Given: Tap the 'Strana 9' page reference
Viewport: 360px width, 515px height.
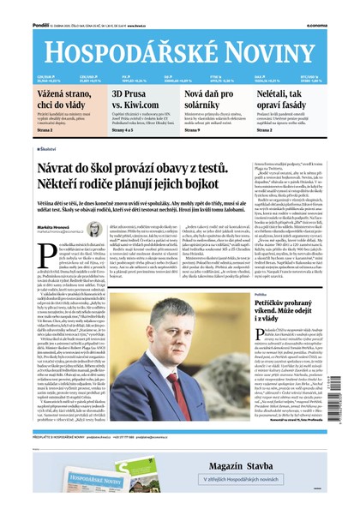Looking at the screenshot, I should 190,129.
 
